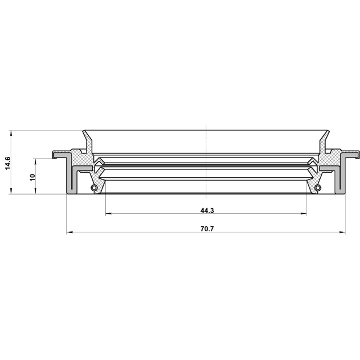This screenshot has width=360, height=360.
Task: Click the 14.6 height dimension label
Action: point(7,163)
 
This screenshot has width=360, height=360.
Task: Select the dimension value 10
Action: point(33,177)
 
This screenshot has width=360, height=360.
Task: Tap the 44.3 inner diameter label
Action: point(207,210)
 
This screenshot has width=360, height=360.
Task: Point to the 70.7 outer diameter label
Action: point(207,229)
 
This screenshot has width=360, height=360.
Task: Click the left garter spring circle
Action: point(94,187)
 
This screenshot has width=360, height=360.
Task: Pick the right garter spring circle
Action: point(318,187)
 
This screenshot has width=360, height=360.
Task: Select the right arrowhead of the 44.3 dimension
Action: point(304,214)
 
